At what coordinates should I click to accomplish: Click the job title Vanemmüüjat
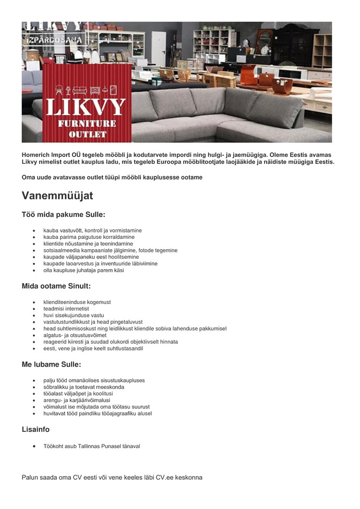pos(57,196)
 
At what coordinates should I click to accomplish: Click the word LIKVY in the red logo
pos(86,107)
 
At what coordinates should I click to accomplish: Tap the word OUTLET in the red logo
pos(87,134)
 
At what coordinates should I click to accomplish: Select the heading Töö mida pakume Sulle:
pos(63,214)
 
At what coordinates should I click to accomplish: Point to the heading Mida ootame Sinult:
pos(56,286)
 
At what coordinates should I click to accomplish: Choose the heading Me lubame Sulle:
pos(51,365)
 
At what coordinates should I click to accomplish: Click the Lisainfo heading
pos(35,430)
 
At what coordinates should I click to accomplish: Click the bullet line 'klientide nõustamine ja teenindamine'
pos(88,244)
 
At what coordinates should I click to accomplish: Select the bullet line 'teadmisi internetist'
pos(66,309)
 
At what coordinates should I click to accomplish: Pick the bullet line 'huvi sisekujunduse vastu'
pos(74,316)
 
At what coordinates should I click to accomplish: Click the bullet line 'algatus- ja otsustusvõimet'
pos(75,335)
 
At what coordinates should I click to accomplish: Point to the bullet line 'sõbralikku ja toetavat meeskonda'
pos(83,387)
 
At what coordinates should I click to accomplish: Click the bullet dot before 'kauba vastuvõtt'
pos(34,231)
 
